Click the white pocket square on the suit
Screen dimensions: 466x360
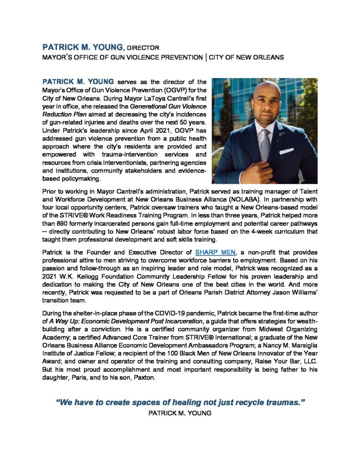[286, 151]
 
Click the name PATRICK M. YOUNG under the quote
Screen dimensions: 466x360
[180, 414]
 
